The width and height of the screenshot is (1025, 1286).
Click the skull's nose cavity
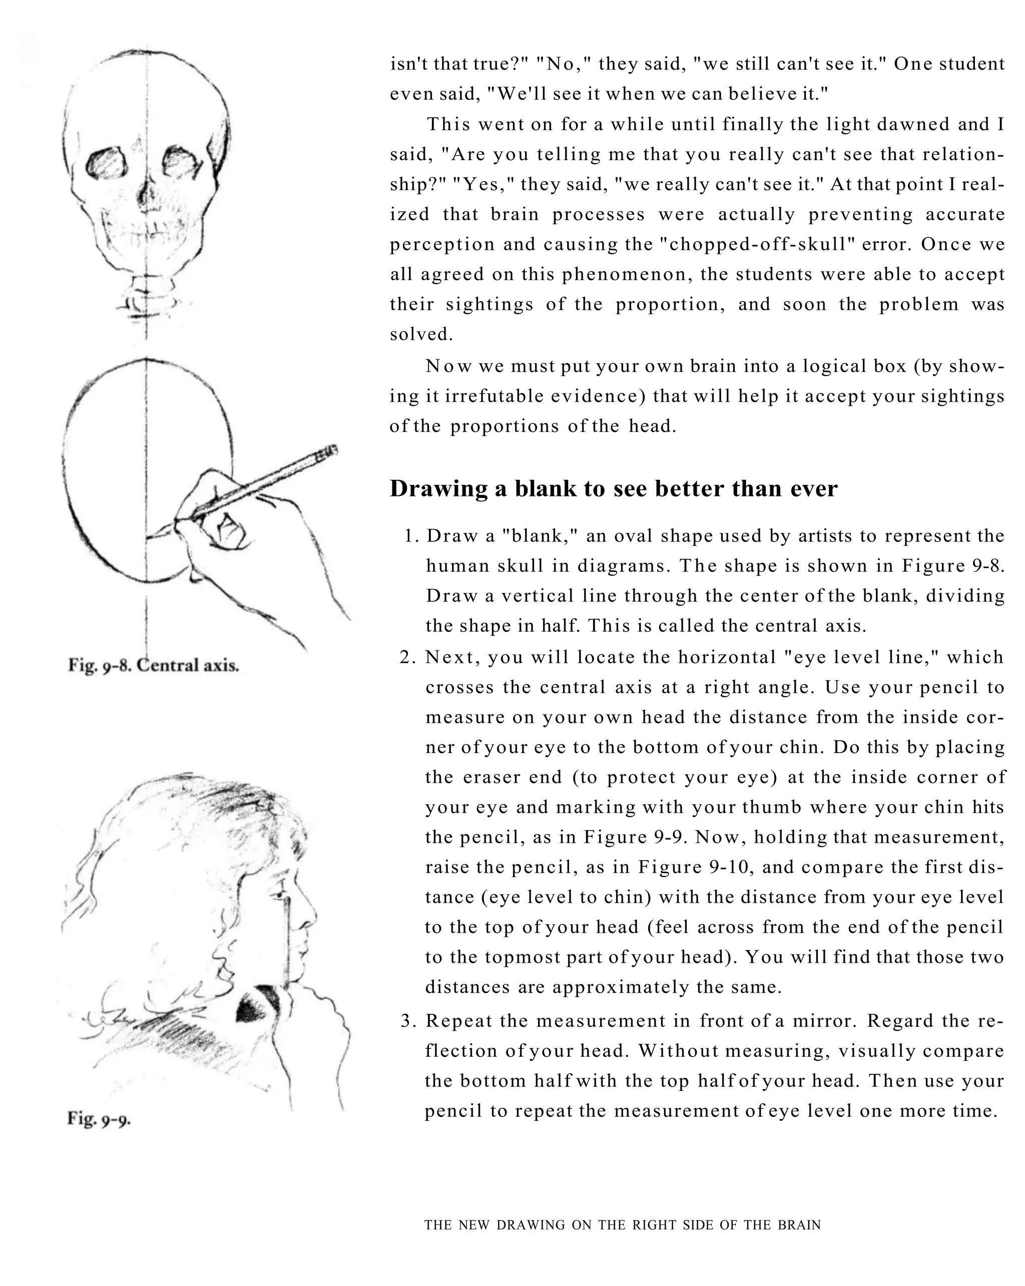pos(145,195)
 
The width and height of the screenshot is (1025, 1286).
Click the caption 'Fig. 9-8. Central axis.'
pos(153,665)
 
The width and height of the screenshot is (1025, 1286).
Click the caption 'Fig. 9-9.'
pos(99,1119)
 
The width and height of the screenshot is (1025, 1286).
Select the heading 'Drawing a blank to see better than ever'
pos(613,488)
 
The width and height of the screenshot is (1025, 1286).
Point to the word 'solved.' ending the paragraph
pos(421,335)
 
